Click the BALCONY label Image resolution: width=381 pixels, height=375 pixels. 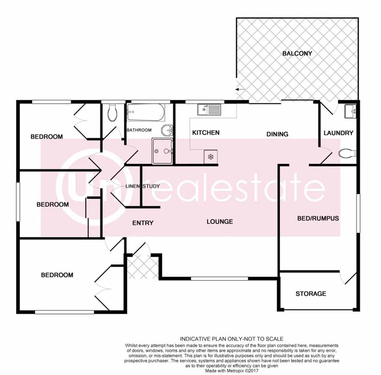click(x=297, y=53)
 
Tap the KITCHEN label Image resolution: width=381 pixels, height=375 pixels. click(x=205, y=133)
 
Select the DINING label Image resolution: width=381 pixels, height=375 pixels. click(x=277, y=134)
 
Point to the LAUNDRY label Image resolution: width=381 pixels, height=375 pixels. click(x=338, y=133)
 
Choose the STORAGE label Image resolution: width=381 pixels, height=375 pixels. click(x=311, y=294)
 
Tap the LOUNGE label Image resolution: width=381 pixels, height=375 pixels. click(x=220, y=222)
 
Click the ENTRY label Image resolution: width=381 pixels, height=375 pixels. click(x=143, y=223)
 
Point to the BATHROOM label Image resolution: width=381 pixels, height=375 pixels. click(x=139, y=130)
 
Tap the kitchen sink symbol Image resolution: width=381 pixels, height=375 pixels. click(x=209, y=110)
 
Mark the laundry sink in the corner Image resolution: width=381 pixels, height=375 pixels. click(x=350, y=111)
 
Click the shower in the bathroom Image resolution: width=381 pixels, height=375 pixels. click(x=162, y=151)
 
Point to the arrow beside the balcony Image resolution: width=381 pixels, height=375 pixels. click(x=240, y=89)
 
